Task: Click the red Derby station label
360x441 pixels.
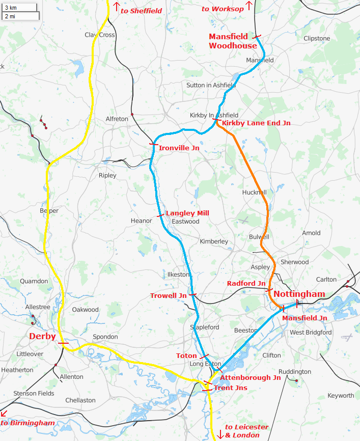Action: [42, 337]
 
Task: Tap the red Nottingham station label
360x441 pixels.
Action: [299, 294]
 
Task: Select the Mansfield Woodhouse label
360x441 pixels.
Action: [232, 41]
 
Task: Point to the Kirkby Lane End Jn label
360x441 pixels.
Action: [256, 123]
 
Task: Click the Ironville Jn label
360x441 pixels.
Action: [179, 148]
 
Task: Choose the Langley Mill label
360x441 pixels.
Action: [187, 213]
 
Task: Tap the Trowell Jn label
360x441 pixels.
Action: [168, 296]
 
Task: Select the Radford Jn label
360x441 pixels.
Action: [246, 283]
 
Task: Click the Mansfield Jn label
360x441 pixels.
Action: [304, 318]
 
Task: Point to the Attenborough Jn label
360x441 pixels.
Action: [250, 377]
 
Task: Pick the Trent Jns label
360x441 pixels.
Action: [230, 388]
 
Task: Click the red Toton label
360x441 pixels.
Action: [186, 355]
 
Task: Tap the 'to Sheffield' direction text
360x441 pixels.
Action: [141, 11]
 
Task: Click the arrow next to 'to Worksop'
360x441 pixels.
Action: [249, 6]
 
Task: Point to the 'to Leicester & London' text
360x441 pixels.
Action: [243, 431]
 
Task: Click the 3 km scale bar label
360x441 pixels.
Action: [10, 7]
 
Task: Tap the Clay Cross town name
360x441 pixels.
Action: [100, 35]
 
